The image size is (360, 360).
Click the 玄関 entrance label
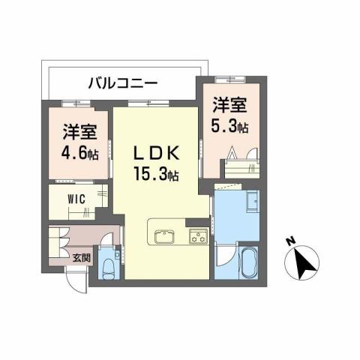80,257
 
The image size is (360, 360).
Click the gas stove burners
197,238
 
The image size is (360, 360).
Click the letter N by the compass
290,242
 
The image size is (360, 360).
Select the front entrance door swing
77,283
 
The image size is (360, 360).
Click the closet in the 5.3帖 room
239,160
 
